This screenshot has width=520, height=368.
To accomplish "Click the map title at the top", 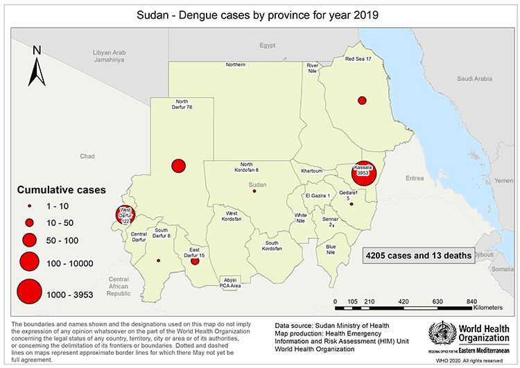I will (260, 14).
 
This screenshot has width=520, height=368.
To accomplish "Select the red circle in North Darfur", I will (179, 166).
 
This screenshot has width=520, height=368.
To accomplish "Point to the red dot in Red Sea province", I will (361, 99).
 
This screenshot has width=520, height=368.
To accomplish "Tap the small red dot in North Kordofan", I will (254, 191).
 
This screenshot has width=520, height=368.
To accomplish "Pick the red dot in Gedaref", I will (352, 204).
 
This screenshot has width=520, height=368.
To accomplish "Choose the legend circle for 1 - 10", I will (29, 207).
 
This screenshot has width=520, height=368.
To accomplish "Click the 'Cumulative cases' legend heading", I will (61, 189).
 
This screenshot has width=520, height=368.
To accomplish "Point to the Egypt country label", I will (268, 46).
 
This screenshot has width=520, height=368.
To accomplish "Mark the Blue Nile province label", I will (331, 250).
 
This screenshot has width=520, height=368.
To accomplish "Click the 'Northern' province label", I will (236, 64).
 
